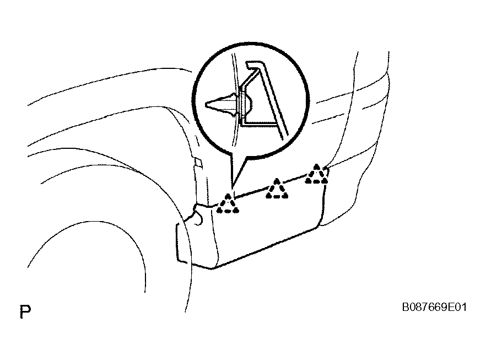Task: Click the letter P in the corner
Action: [25, 311]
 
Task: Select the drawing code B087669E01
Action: [434, 307]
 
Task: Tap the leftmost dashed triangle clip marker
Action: [228, 204]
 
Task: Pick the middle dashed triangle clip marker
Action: [277, 189]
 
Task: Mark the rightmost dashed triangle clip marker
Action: [316, 174]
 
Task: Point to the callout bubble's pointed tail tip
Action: [232, 187]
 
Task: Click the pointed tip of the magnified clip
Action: [207, 104]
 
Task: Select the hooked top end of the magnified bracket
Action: [252, 65]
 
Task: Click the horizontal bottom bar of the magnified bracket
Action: [259, 123]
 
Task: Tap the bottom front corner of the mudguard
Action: [212, 268]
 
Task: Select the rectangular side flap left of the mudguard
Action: [183, 244]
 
